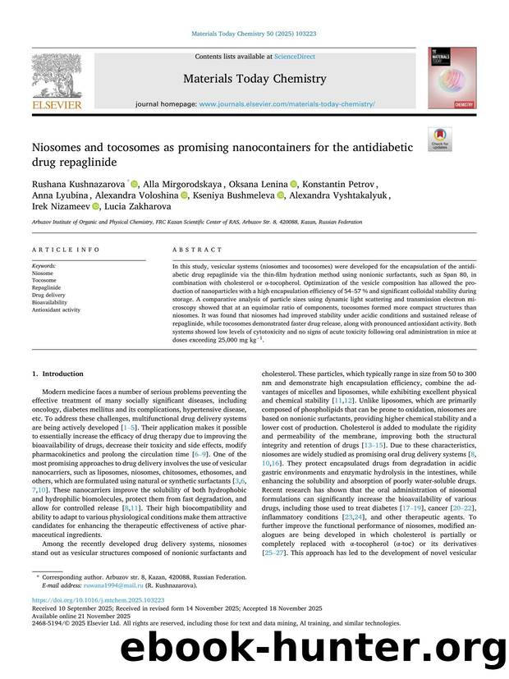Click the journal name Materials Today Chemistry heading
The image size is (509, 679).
254,79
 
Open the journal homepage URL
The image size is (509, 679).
287,105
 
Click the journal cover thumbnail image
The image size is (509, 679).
451,78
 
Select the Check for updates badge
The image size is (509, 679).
440,138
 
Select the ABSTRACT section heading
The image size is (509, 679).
197,250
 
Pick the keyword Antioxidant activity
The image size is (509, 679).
56,310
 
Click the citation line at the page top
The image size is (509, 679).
254,34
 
